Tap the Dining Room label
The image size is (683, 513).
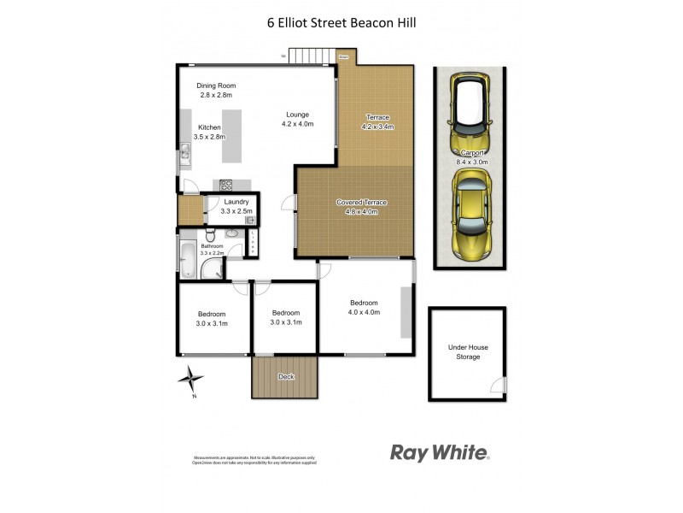(216, 85)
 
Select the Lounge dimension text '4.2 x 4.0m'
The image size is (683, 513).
(297, 124)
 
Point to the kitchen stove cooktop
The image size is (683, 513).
(227, 184)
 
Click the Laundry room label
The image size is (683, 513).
(236, 202)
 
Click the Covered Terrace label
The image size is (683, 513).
(361, 203)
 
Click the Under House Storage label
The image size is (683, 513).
(468, 351)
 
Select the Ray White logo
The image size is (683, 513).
(440, 452)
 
